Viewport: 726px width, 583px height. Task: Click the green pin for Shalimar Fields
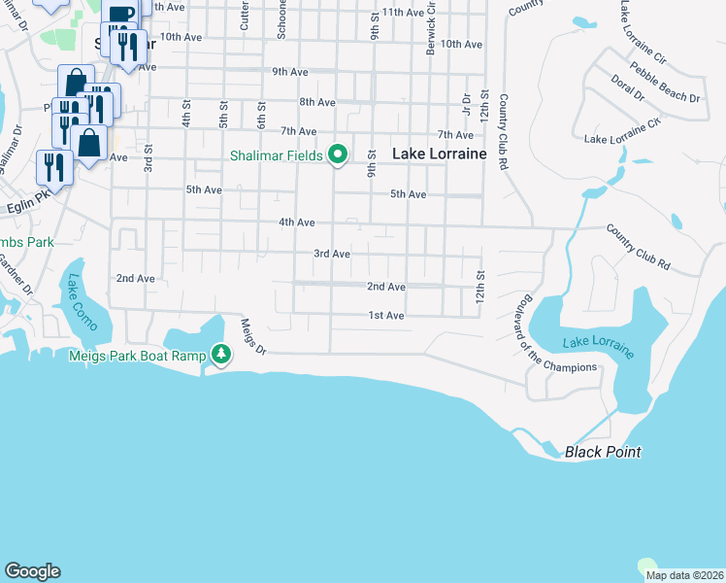(x=338, y=154)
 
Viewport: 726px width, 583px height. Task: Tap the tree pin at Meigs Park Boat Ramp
(x=222, y=355)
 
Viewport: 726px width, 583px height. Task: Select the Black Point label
(x=604, y=452)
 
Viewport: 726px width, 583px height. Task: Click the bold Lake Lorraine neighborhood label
(x=438, y=154)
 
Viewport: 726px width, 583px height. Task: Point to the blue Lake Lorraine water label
(x=598, y=345)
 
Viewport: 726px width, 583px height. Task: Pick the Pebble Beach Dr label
(x=665, y=83)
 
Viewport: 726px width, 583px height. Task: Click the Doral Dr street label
(x=628, y=88)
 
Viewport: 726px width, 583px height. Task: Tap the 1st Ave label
(x=385, y=316)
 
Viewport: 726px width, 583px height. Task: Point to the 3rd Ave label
(x=331, y=254)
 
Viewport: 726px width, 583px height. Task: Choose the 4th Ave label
(x=296, y=223)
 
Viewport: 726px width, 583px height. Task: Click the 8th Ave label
(x=317, y=102)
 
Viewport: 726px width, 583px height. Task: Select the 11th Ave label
(x=404, y=13)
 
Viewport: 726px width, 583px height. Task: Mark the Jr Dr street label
(x=467, y=103)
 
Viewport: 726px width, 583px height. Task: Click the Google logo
(x=32, y=571)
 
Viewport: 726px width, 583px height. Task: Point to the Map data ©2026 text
(x=683, y=575)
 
